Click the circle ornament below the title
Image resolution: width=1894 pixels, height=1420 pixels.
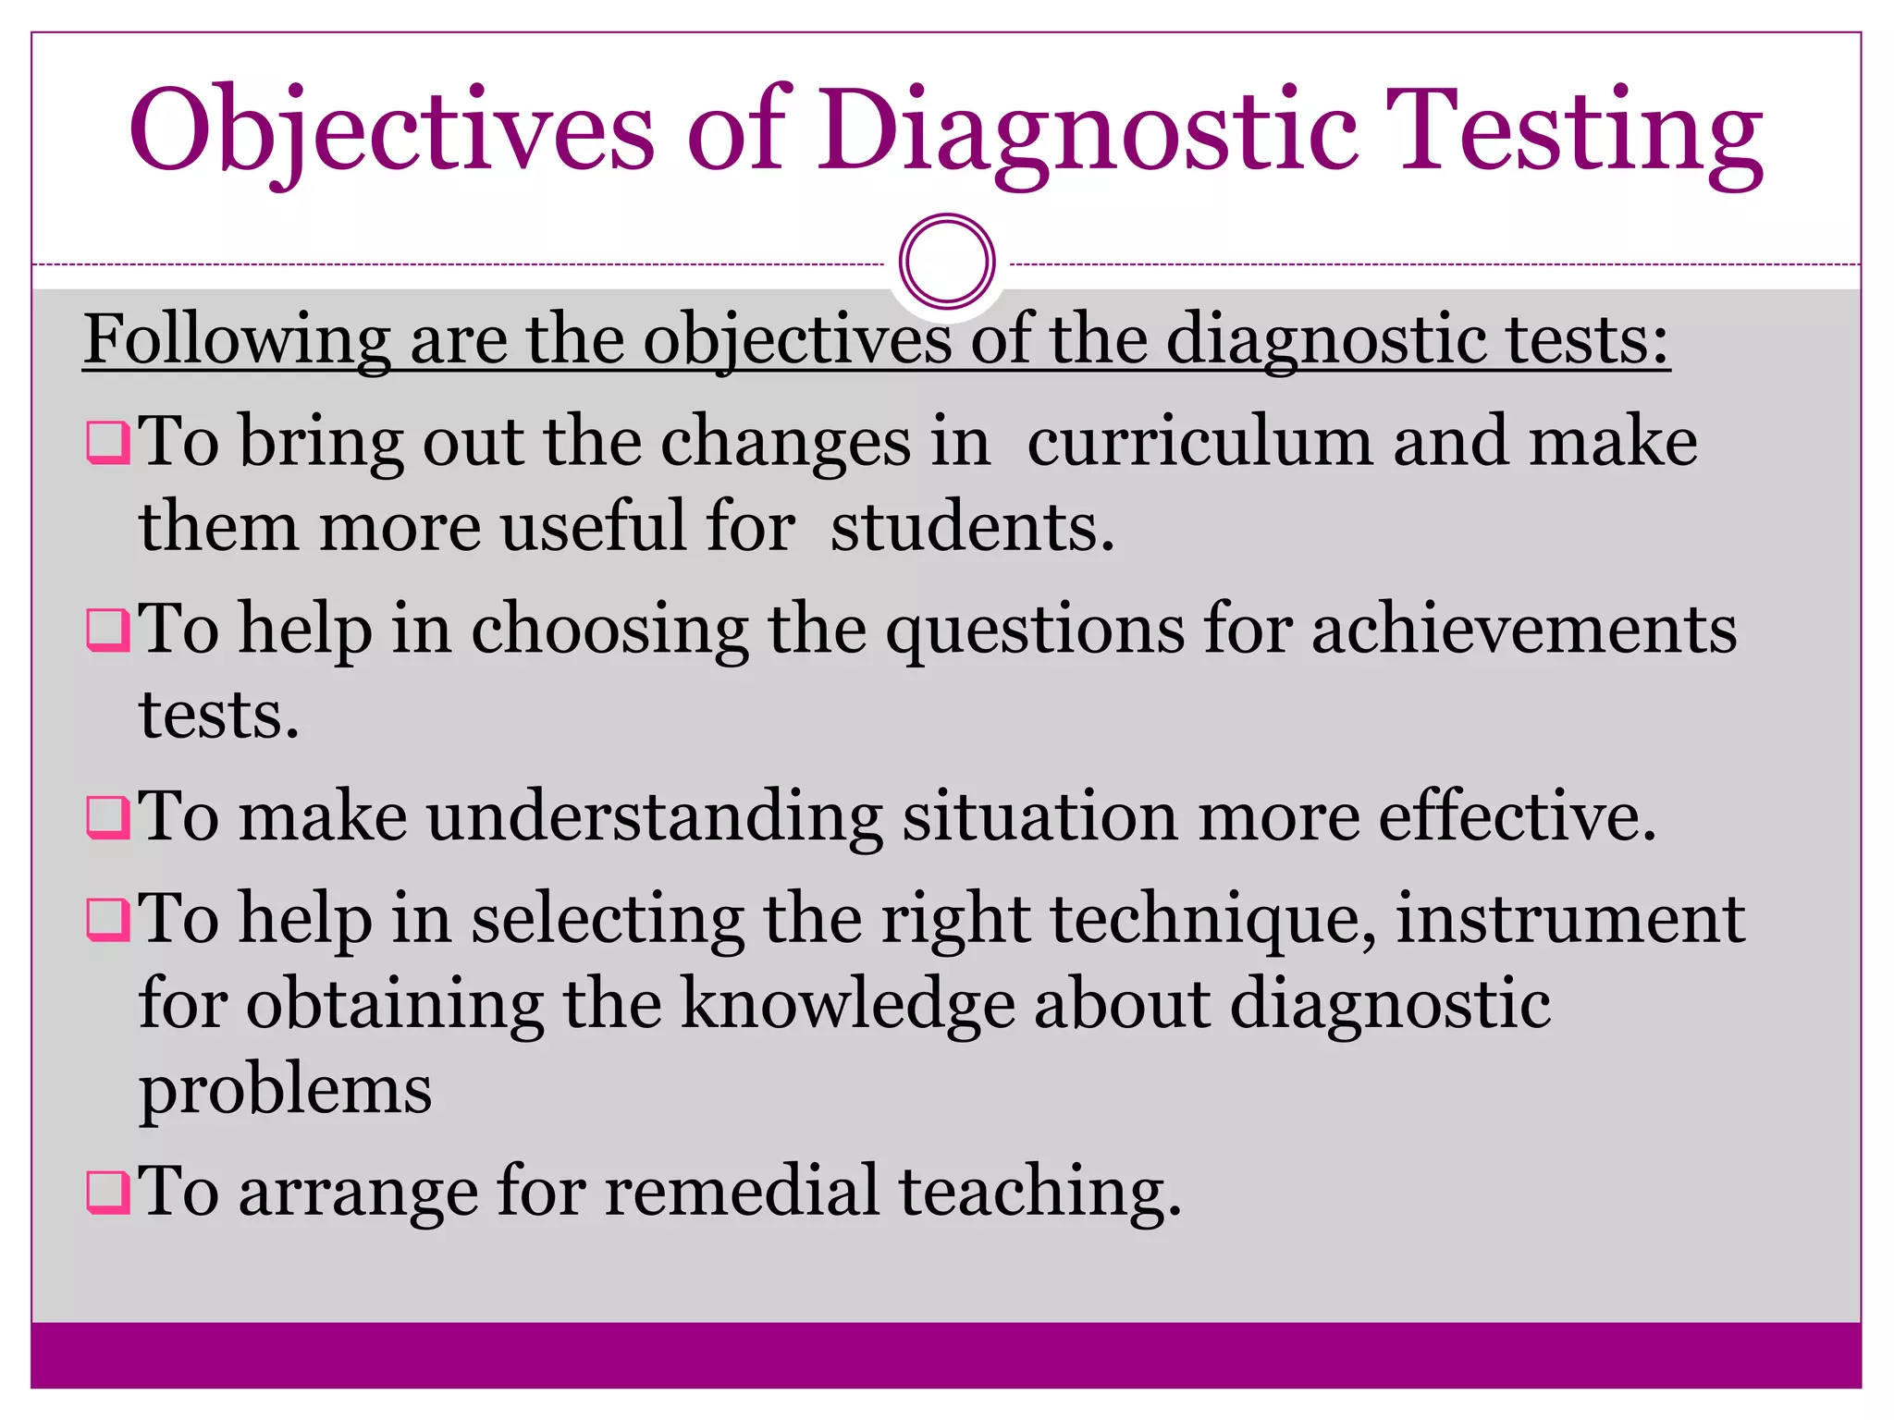pyautogui.click(x=946, y=262)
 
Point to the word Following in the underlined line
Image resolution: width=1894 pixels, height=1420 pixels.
pyautogui.click(x=237, y=340)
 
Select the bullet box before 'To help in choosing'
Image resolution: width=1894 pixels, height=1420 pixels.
pyautogui.click(x=107, y=630)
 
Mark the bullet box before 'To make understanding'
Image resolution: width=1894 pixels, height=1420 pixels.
pyautogui.click(x=107, y=817)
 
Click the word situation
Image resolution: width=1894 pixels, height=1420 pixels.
pyautogui.click(x=1039, y=817)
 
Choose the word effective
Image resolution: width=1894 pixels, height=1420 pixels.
pyautogui.click(x=1517, y=817)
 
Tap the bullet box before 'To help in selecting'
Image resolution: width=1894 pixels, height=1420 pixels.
pyautogui.click(x=107, y=919)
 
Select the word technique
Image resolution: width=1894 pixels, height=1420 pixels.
pyautogui.click(x=1212, y=919)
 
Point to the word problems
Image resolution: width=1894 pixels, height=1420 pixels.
pyautogui.click(x=285, y=1091)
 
